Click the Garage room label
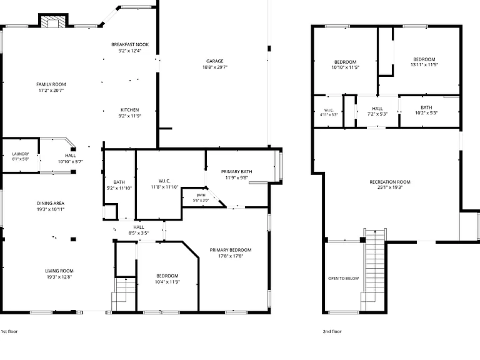coord(215,61)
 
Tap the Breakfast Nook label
coord(130,45)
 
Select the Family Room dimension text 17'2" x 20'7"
coord(51,91)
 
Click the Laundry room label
coord(21,154)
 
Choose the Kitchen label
coord(130,110)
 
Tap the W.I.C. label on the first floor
coord(164,181)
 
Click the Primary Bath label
coord(237,172)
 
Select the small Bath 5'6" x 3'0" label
coord(201,197)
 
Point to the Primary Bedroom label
coord(231,250)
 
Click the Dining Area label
coord(51,203)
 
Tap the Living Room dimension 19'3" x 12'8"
coord(59,277)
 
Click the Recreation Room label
coord(390,182)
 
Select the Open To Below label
coord(344,279)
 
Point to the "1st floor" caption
coord(9,331)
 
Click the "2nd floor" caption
coord(332,331)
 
